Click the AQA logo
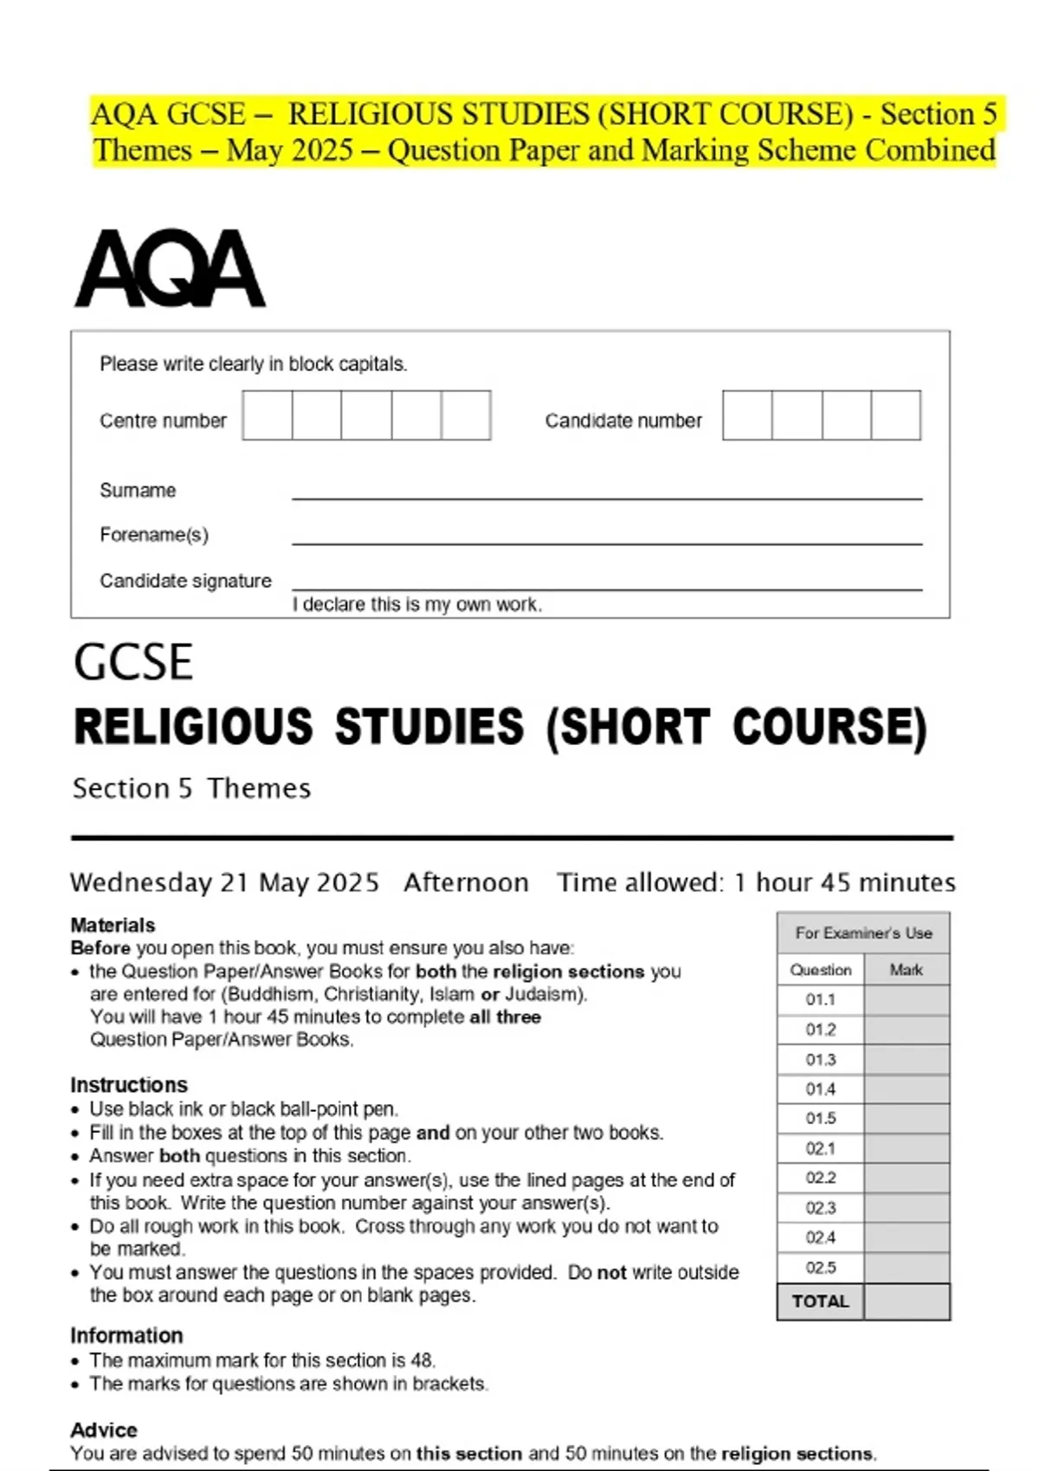click(170, 269)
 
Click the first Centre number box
click(268, 415)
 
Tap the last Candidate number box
click(895, 415)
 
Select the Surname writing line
click(606, 498)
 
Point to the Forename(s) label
click(154, 535)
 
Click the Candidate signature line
click(606, 588)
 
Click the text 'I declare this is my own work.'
click(417, 605)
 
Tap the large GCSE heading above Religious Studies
click(133, 663)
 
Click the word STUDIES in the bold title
click(429, 726)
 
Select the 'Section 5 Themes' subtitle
click(191, 788)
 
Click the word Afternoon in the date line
click(466, 883)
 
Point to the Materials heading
click(113, 925)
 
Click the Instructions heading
click(129, 1085)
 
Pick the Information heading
click(126, 1335)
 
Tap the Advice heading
click(104, 1429)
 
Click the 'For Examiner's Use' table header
click(863, 933)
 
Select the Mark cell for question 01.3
click(907, 1060)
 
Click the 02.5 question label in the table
click(821, 1268)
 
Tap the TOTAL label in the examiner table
click(821, 1301)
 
